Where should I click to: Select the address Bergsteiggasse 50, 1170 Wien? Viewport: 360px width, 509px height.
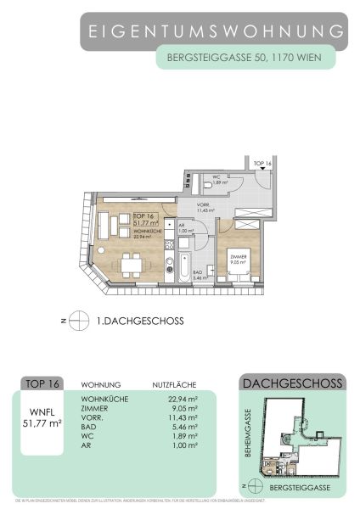(245, 59)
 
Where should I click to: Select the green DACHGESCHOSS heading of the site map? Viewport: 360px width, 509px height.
(292, 383)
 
